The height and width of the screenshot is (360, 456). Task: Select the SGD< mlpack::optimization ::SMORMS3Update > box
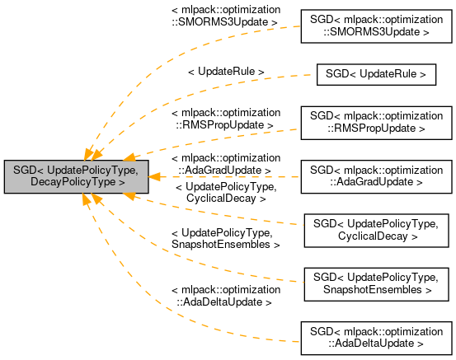click(375, 27)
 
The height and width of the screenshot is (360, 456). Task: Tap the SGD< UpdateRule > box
click(375, 74)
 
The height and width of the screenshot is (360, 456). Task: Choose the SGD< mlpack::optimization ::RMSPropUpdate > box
click(375, 121)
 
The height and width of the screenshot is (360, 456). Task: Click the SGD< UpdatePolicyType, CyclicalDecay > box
click(375, 230)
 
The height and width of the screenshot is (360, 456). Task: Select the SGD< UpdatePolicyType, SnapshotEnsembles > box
click(375, 283)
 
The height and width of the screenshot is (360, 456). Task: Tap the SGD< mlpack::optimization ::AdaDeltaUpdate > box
click(375, 336)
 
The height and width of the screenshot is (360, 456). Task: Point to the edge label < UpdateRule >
click(226, 72)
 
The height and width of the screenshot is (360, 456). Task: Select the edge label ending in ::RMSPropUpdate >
click(225, 118)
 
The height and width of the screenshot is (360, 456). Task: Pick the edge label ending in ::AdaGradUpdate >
click(225, 163)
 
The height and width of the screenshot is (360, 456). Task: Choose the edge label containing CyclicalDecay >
click(225, 193)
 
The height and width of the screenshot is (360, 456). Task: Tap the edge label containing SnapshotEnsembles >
click(225, 239)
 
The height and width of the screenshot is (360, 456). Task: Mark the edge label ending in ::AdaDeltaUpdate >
click(225, 297)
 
